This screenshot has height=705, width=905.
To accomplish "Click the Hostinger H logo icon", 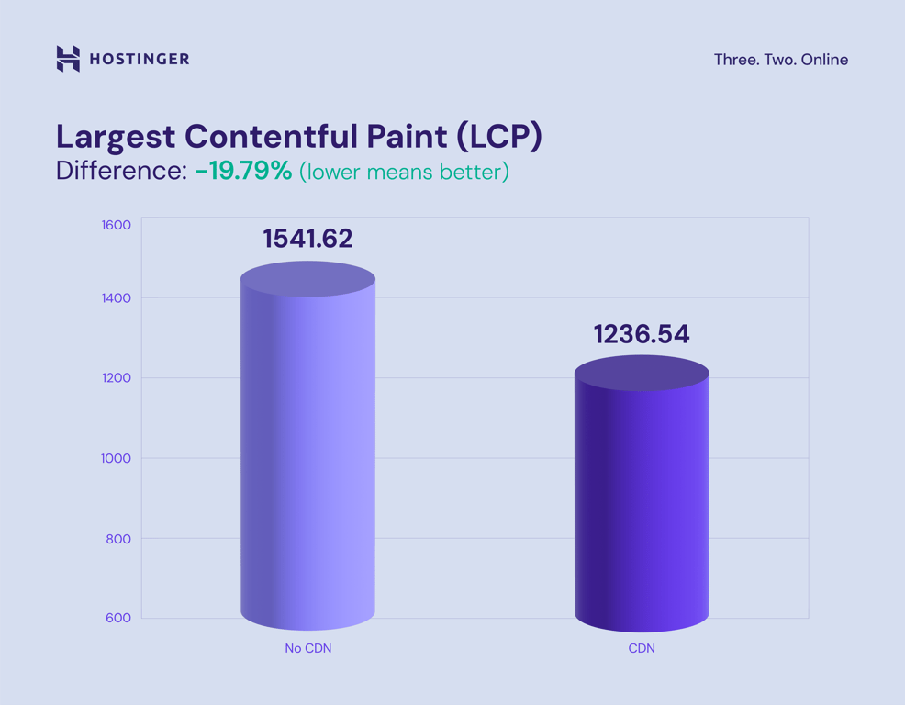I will pyautogui.click(x=68, y=59).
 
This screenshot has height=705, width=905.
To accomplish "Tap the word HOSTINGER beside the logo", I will pyautogui.click(x=140, y=60).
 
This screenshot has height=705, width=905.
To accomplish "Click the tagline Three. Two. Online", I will pyautogui.click(x=780, y=60).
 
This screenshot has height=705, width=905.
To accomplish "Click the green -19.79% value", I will pyautogui.click(x=243, y=171).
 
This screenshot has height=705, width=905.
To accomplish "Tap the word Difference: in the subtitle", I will pyautogui.click(x=121, y=171).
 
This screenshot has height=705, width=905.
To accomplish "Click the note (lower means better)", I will pyautogui.click(x=404, y=172).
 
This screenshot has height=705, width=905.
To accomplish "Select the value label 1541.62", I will pyautogui.click(x=307, y=239).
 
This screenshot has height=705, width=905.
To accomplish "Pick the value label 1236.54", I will pyautogui.click(x=642, y=334).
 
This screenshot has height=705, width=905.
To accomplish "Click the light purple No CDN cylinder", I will pyautogui.click(x=307, y=450).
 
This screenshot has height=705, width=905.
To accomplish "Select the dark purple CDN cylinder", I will pyautogui.click(x=642, y=496).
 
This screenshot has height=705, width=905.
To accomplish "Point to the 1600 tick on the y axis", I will pyautogui.click(x=116, y=225).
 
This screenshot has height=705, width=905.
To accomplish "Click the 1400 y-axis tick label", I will pyautogui.click(x=116, y=297).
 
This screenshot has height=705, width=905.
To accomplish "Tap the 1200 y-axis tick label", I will pyautogui.click(x=116, y=378).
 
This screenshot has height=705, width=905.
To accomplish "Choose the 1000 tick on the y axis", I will pyautogui.click(x=116, y=458).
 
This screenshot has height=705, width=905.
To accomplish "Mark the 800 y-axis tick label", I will pyautogui.click(x=118, y=539).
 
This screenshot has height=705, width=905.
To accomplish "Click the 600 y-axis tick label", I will pyautogui.click(x=118, y=618).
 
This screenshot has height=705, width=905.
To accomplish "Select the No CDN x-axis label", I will pyautogui.click(x=307, y=648).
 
